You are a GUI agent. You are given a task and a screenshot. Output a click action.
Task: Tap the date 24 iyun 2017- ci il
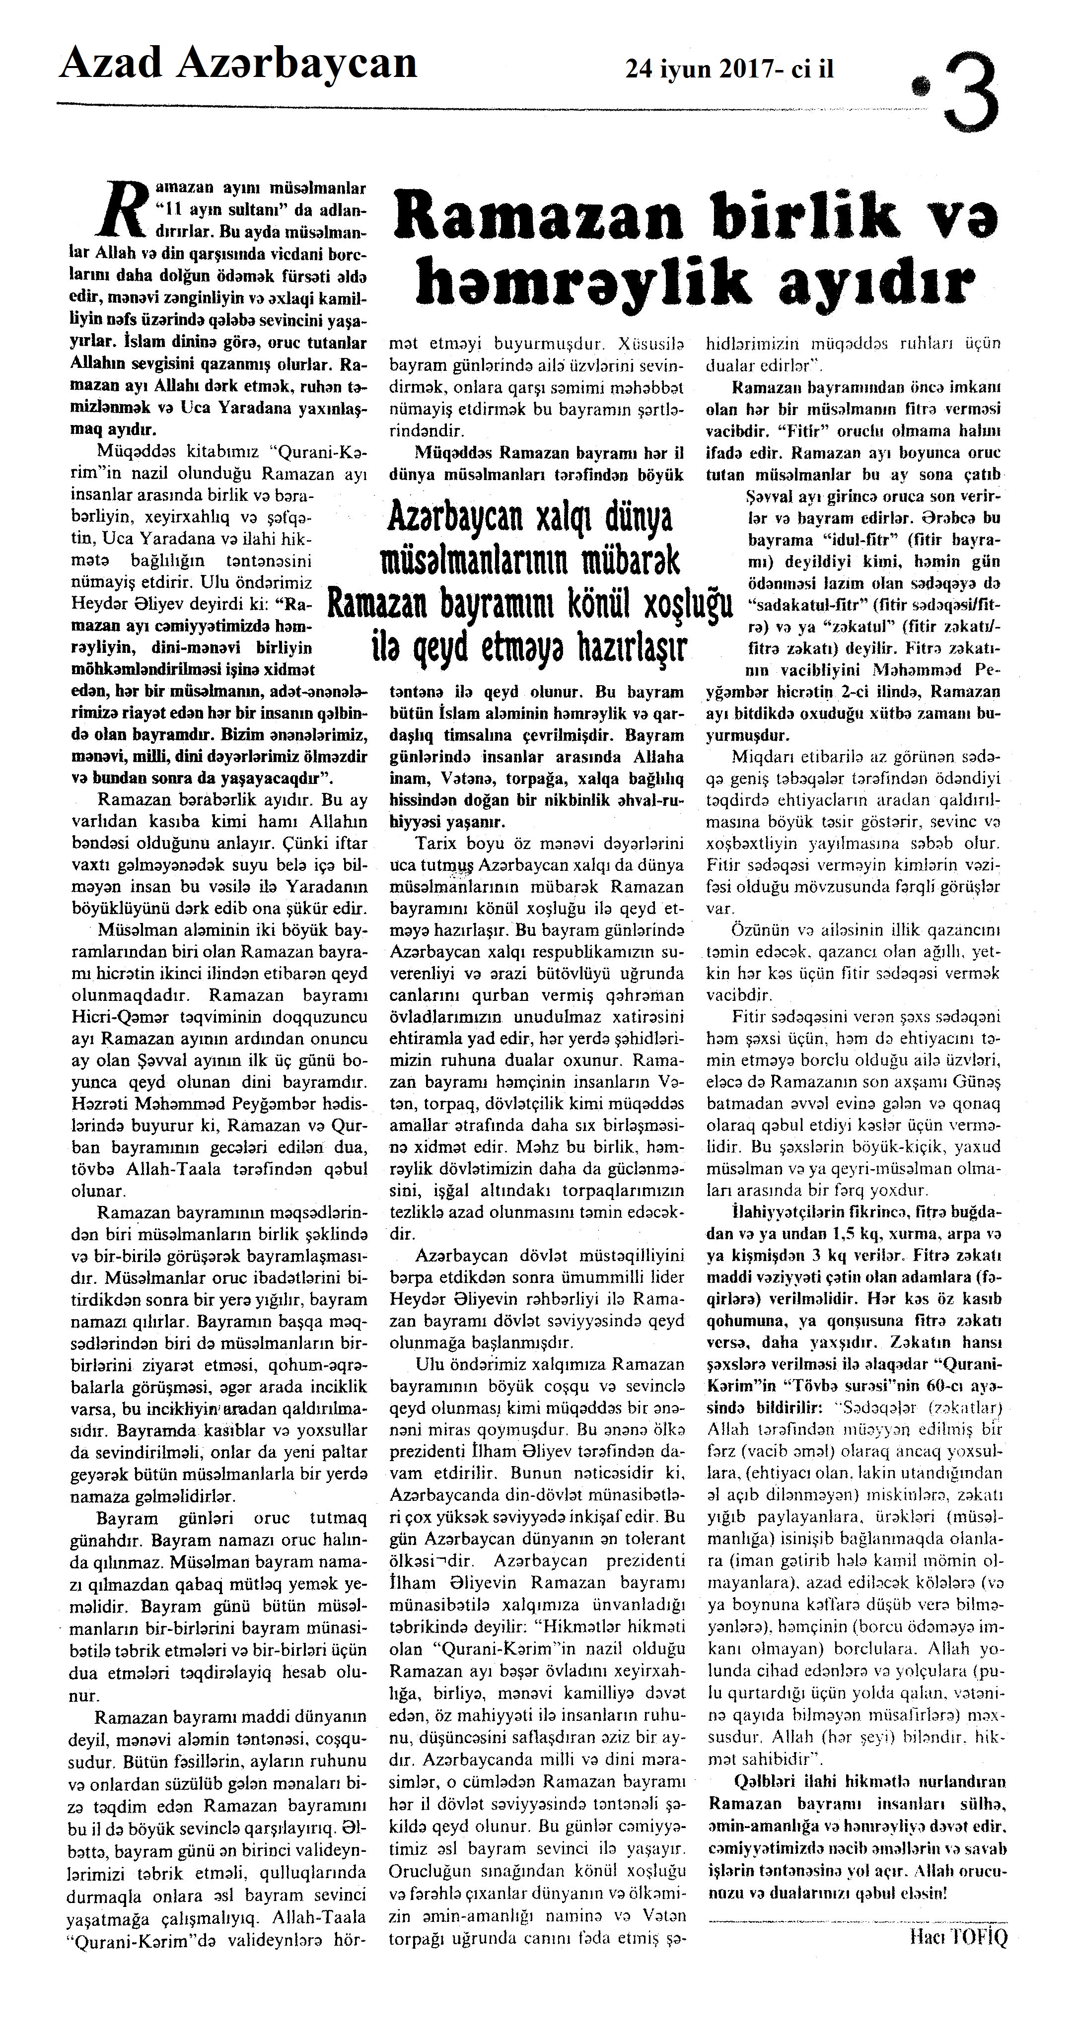(729, 70)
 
